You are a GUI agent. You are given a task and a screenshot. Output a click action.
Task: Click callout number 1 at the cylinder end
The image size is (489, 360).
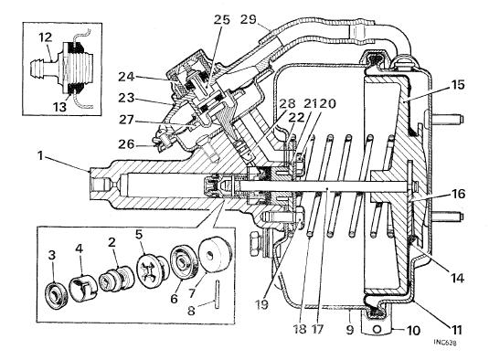[x=40, y=156]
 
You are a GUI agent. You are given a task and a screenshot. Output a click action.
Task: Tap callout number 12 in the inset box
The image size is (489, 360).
[x=46, y=37]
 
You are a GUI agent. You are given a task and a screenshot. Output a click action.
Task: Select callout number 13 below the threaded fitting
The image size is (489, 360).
[x=60, y=107]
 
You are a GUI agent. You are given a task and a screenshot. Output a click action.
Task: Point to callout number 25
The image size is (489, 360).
[x=221, y=19]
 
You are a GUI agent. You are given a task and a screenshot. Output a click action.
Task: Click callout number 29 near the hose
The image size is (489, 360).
[x=249, y=19]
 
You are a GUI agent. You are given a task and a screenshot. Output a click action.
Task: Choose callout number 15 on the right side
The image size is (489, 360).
[x=457, y=85]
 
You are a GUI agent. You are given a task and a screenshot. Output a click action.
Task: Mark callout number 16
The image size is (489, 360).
[x=458, y=194]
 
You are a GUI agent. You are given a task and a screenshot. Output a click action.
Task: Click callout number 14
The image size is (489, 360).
[x=457, y=278]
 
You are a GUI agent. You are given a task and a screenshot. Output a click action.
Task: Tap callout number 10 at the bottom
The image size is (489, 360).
[x=413, y=331]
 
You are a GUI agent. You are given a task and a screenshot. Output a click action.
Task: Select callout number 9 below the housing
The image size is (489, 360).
[x=350, y=329]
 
